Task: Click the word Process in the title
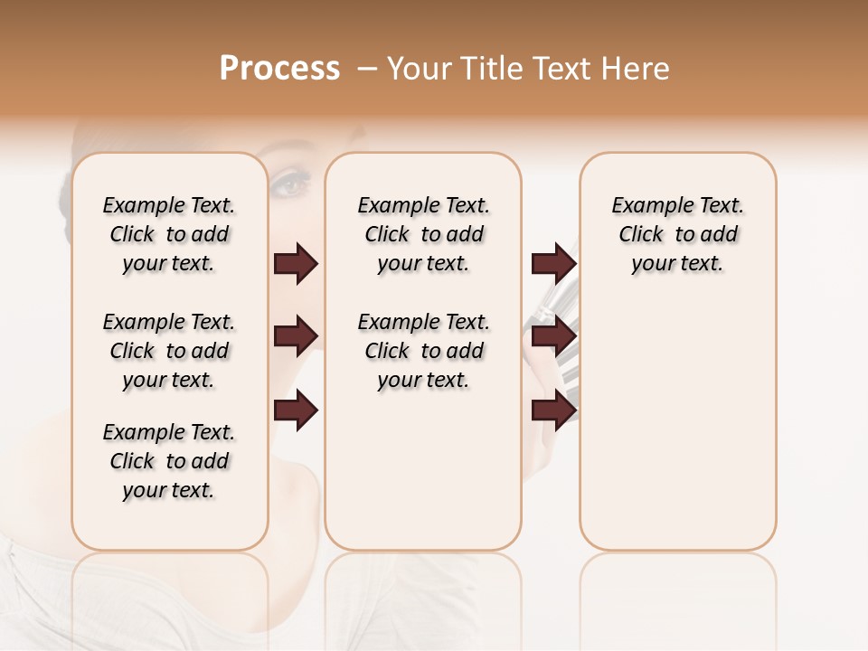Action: (279, 69)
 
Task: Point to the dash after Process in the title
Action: (367, 69)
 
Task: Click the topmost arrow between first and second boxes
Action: (296, 264)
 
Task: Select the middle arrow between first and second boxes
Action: (296, 336)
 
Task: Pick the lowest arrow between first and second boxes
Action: (296, 411)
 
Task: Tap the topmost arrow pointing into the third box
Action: (553, 264)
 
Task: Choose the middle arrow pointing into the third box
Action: (553, 336)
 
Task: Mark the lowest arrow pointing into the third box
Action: (553, 411)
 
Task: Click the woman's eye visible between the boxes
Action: (291, 186)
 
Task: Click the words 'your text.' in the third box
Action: (677, 264)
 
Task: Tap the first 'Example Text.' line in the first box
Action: (169, 206)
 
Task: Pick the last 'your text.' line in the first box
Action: (169, 490)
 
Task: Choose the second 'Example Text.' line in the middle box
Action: (423, 323)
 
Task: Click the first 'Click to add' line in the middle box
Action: (423, 235)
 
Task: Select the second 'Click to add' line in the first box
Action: (169, 351)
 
